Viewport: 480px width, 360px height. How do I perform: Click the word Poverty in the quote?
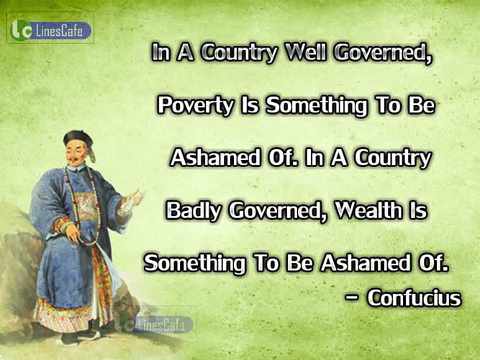195,106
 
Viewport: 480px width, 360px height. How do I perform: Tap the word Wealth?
368,210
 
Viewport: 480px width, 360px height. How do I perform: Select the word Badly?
194,212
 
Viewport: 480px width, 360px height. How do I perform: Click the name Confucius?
415,297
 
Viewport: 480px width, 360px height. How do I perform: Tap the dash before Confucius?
352,297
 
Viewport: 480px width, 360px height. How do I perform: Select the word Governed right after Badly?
279,212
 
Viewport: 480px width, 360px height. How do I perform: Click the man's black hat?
78,137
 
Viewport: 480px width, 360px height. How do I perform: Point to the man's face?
76,153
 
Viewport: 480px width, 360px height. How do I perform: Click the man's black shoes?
80,337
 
